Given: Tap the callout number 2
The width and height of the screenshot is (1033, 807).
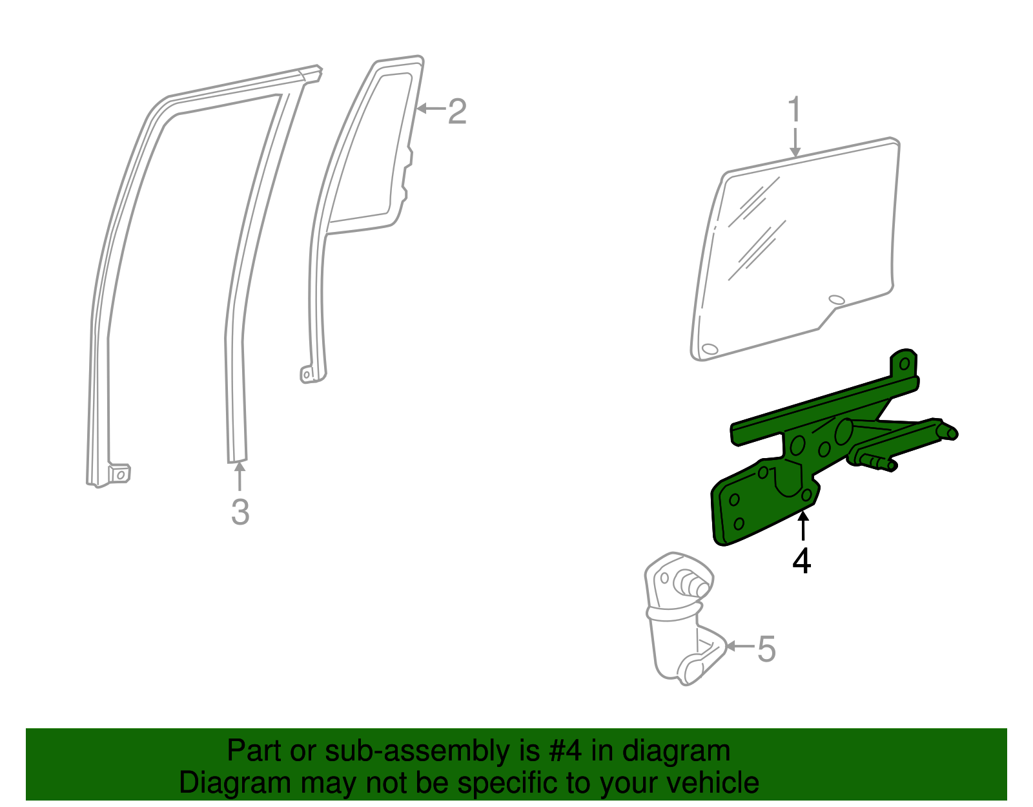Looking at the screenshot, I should tap(456, 111).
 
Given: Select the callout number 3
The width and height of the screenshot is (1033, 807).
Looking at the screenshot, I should tap(240, 512).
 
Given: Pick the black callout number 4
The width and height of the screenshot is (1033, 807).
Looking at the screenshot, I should tap(802, 561).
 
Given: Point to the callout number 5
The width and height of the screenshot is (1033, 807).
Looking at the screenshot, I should tap(766, 649).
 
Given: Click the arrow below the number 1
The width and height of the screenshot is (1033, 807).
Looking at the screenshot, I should tap(795, 142).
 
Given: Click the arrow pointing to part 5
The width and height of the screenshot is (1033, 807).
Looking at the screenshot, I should tap(739, 645).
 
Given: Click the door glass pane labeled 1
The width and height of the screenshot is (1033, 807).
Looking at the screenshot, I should tap(807, 246).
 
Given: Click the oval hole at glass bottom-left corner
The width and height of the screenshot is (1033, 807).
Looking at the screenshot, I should tap(709, 349).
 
